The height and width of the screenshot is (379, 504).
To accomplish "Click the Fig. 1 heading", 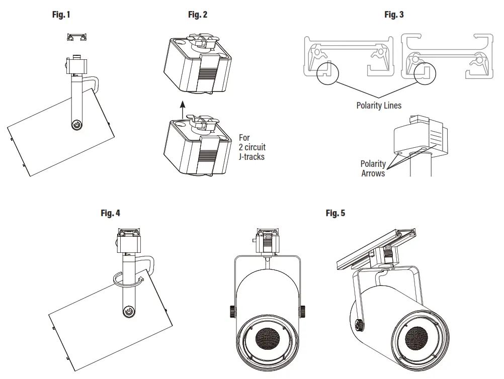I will click(x=61, y=15).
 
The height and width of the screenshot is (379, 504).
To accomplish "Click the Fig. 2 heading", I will click(x=197, y=15).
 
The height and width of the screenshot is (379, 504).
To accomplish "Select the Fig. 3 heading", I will click(x=394, y=15).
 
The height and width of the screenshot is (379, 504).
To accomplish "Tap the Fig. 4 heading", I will click(x=111, y=213).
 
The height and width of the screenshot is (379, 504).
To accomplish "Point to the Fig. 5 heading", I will click(x=335, y=213).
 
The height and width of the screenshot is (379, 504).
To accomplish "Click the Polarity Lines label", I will click(x=379, y=106).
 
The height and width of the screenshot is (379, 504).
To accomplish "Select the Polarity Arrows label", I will click(x=373, y=168).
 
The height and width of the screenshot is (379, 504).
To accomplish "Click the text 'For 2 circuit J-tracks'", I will click(x=252, y=147).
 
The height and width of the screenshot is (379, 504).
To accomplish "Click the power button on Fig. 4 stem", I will click(x=129, y=312).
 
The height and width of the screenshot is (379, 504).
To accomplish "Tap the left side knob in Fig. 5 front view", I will click(x=232, y=312).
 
